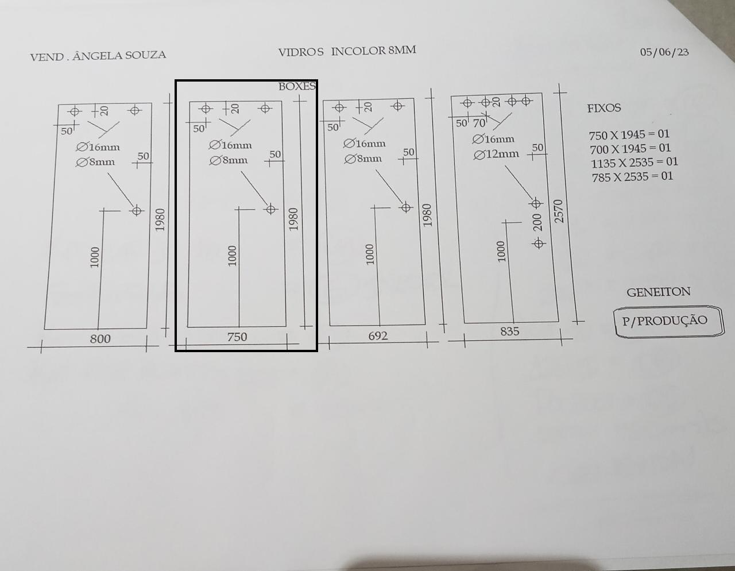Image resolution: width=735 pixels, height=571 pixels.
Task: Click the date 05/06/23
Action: [x=664, y=52]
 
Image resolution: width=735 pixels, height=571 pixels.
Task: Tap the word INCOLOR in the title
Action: [x=358, y=51]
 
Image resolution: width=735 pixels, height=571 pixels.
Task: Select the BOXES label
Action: [x=297, y=87]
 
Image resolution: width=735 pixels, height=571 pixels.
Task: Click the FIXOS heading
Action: [x=604, y=108]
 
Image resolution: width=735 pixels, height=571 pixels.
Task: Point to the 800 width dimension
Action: [x=100, y=338]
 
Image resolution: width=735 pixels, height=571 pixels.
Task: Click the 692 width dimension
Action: [x=377, y=335]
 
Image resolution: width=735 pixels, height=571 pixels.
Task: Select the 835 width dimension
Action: [x=509, y=331]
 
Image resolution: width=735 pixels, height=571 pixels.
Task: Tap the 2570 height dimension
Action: [x=559, y=211]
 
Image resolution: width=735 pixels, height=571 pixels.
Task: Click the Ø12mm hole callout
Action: [x=496, y=155]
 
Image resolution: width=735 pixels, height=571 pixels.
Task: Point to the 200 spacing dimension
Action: [x=537, y=222]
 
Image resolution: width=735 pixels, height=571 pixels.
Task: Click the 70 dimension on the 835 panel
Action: [x=479, y=124]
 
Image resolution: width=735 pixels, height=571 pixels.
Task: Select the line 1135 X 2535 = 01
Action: [x=634, y=163]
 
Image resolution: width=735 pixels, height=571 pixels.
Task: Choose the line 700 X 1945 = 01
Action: [x=630, y=149]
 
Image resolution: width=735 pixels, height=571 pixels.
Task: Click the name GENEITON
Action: [x=658, y=292]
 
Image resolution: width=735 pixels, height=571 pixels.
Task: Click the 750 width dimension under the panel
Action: [x=237, y=337]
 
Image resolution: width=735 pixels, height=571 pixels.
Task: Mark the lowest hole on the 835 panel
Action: [x=539, y=243]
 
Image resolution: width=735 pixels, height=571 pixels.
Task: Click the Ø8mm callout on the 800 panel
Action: [x=95, y=162]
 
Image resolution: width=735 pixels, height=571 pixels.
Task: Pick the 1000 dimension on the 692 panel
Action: [x=369, y=254]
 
